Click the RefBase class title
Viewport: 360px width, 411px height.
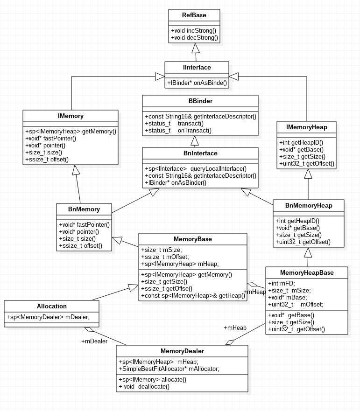point(194,15)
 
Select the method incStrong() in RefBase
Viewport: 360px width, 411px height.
point(193,30)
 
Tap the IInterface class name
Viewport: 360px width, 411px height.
point(197,68)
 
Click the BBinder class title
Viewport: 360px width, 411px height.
point(200,101)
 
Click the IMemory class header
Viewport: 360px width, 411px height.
point(71,116)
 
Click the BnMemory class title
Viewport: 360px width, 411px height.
point(84,209)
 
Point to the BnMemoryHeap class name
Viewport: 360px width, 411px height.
point(309,206)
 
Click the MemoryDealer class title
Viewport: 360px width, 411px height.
point(182,351)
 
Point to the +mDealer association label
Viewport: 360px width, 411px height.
point(94,341)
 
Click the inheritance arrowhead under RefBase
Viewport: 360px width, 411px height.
point(196,48)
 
